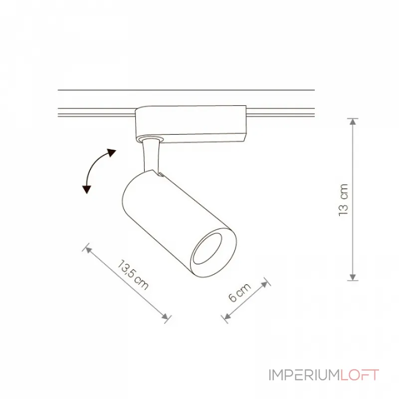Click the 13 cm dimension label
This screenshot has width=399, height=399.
343,200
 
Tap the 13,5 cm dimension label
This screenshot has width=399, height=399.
133,275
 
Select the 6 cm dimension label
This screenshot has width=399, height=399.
240,292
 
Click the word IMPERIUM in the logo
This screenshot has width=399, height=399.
304,375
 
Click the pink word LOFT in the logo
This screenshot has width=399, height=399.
360,375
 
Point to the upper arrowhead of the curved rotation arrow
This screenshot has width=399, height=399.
111,153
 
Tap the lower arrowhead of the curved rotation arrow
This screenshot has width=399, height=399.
87,190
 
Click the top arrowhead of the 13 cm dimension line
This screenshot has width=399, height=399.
353,122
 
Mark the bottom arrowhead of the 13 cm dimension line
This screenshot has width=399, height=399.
353,277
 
